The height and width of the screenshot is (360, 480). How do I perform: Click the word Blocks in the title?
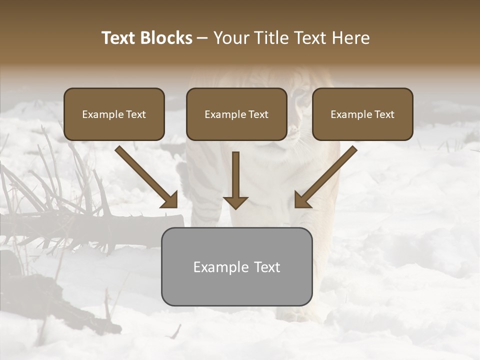click(166, 38)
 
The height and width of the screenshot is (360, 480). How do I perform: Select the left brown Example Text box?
click(114, 114)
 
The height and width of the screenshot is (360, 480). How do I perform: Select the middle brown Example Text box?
click(236, 114)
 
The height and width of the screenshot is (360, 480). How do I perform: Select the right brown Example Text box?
click(362, 114)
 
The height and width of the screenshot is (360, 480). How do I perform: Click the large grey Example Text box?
click(236, 266)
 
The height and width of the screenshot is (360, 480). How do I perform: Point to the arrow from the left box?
click(145, 175)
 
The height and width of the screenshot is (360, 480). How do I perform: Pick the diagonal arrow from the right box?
click(327, 175)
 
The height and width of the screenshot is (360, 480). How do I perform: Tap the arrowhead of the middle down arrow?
click(235, 202)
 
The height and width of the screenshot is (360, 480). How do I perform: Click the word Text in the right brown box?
click(384, 114)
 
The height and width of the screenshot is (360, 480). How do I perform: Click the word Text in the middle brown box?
click(258, 114)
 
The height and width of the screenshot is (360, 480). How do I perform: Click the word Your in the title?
click(231, 38)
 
